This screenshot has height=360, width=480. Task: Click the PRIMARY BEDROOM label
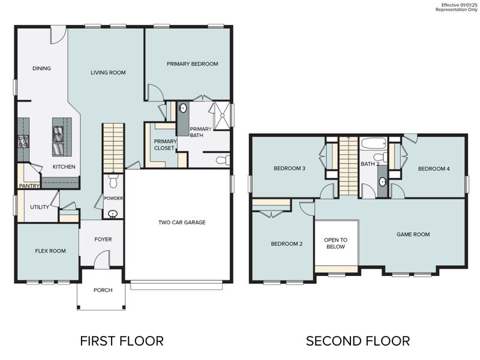(192, 64)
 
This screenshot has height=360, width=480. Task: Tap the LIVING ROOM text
(108, 73)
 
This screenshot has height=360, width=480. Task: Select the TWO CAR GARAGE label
(181, 223)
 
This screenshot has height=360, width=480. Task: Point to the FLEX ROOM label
(50, 251)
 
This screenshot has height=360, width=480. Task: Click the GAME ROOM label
(413, 235)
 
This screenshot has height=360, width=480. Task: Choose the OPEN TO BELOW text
(335, 243)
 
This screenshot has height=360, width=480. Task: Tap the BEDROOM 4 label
(434, 169)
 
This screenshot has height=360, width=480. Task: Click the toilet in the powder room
(113, 181)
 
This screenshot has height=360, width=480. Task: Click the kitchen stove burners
(24, 142)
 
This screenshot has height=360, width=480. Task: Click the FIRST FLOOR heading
(122, 341)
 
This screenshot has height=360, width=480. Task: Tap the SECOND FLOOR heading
(358, 341)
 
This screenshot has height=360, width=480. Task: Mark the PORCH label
(103, 290)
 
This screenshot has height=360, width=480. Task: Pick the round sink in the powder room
(113, 213)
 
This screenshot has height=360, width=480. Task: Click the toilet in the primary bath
(221, 160)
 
